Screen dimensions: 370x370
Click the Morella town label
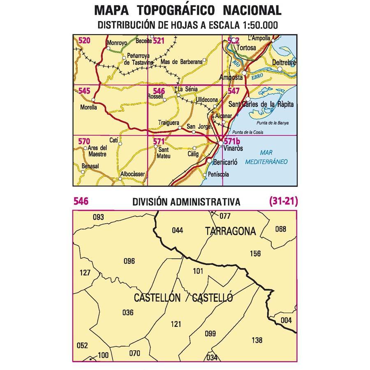tap(89, 107)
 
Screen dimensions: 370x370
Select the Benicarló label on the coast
tap(226, 162)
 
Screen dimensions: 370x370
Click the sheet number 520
tap(84, 40)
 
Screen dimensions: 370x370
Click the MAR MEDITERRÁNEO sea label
tap(266, 157)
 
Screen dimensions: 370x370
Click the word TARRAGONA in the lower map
tap(230, 231)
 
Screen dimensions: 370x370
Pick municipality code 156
tap(255, 254)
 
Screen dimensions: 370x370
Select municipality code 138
tap(257, 340)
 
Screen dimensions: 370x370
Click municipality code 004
tap(286, 320)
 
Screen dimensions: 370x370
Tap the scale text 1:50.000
tap(259, 25)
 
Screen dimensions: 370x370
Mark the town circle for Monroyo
tap(108, 48)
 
